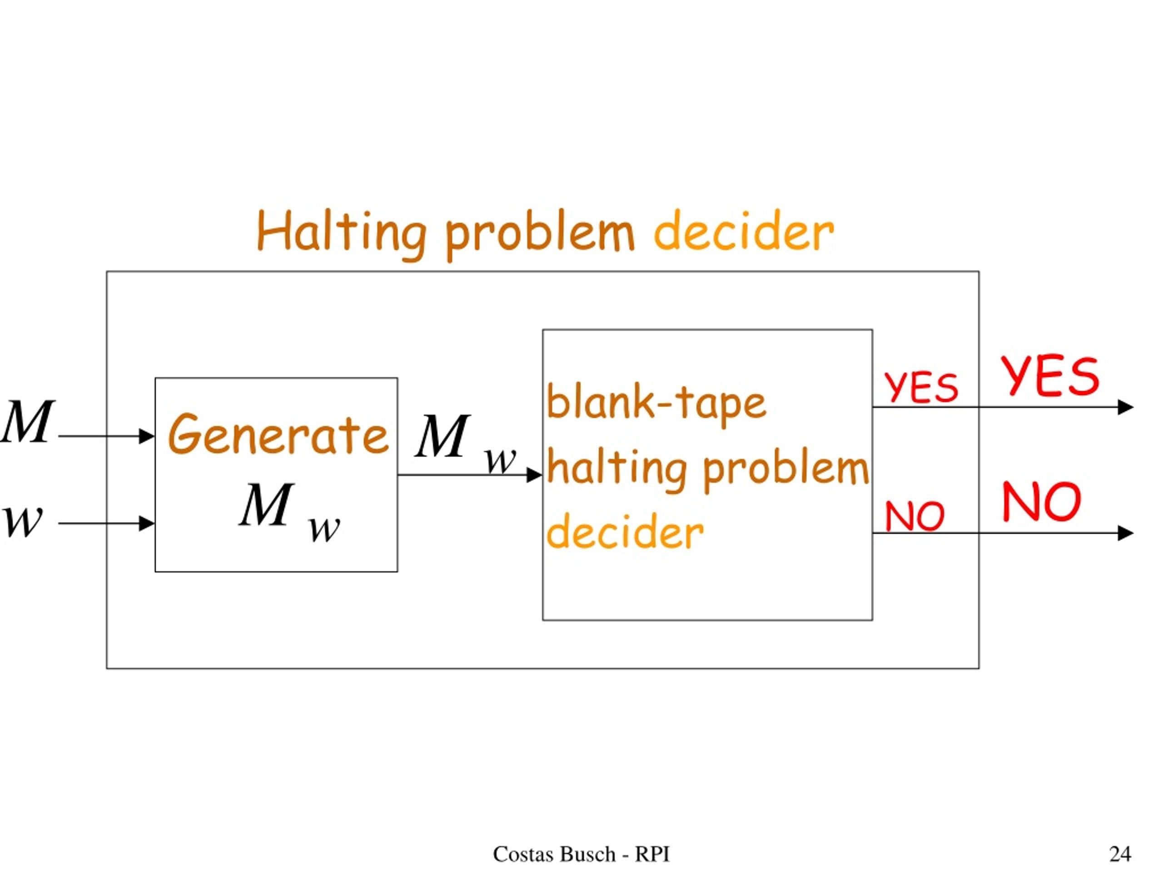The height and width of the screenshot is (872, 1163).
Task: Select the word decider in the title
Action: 743,231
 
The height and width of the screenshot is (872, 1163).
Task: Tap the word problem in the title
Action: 540,234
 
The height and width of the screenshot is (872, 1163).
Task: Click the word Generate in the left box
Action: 278,434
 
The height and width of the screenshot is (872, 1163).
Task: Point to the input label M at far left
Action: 27,421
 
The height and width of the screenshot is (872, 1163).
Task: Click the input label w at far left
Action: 22,522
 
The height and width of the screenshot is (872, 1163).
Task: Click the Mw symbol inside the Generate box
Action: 290,511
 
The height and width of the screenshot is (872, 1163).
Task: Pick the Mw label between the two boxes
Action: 466,443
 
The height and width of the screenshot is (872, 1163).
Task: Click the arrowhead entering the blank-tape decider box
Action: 535,475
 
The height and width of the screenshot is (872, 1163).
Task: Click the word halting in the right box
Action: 616,469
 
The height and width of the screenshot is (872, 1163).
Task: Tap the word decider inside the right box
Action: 625,531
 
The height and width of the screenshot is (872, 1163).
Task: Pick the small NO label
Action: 915,516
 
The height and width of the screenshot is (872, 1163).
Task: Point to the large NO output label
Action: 1042,501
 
